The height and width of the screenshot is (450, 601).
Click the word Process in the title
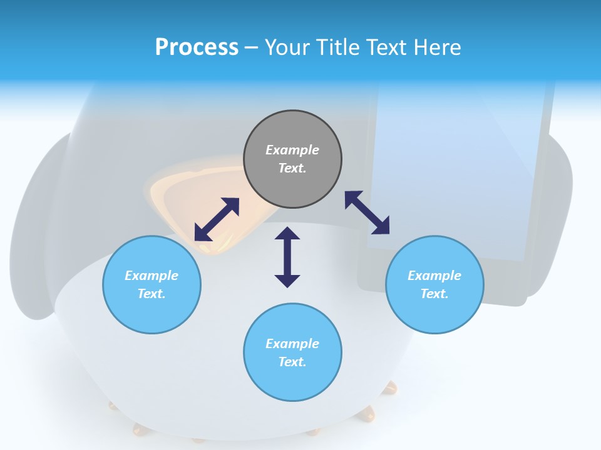197,47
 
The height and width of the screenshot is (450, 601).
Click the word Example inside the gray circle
292,150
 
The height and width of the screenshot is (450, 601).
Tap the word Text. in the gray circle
292,168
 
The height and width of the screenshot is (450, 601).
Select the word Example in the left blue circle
152,276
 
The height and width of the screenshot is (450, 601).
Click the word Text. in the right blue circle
434,294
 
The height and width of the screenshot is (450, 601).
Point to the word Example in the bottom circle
292,344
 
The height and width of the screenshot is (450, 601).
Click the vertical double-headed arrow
287,257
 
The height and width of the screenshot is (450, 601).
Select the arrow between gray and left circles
217,219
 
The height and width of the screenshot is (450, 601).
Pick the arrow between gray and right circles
367,212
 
